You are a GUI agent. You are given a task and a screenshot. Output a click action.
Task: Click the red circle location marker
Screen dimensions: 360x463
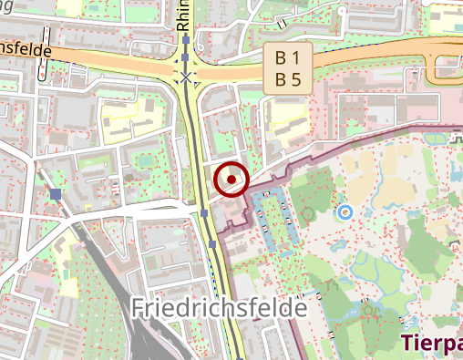pyautogui.click(x=231, y=180)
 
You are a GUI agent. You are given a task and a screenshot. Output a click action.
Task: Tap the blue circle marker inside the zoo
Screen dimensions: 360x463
pyautogui.click(x=345, y=212)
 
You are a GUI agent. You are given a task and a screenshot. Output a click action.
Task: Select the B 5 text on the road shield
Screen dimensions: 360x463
pyautogui.click(x=288, y=79)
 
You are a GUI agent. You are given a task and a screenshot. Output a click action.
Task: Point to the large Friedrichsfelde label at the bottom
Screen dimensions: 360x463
pyautogui.click(x=219, y=308)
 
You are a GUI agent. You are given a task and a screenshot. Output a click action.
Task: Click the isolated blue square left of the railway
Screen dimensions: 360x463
pyautogui.click(x=57, y=194)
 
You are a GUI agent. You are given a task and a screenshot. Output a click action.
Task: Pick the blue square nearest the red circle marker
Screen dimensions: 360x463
pyautogui.click(x=204, y=213)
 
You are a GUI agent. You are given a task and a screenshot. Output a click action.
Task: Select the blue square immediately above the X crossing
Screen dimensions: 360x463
pyautogui.click(x=186, y=58)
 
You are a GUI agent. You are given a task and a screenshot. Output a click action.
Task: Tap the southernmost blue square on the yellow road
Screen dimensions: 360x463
pyautogui.click(x=212, y=244)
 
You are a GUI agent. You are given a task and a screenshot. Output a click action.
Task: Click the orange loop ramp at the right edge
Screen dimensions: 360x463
pyautogui.click(x=441, y=68)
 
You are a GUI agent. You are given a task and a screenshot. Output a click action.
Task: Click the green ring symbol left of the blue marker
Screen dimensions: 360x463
pyautogui.click(x=308, y=214)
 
